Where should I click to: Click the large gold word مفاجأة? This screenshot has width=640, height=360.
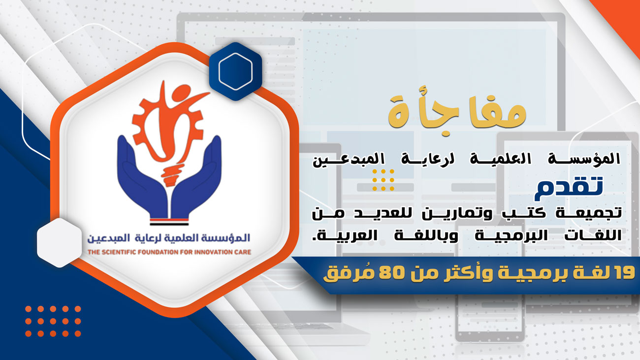coord(457,110)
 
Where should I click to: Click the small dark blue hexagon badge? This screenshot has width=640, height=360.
coord(235,71)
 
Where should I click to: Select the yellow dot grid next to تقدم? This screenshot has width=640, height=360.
coord(383,180)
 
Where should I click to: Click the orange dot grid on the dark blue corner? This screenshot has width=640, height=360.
coord(53,321)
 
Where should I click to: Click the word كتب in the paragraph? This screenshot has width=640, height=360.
coord(518,213)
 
